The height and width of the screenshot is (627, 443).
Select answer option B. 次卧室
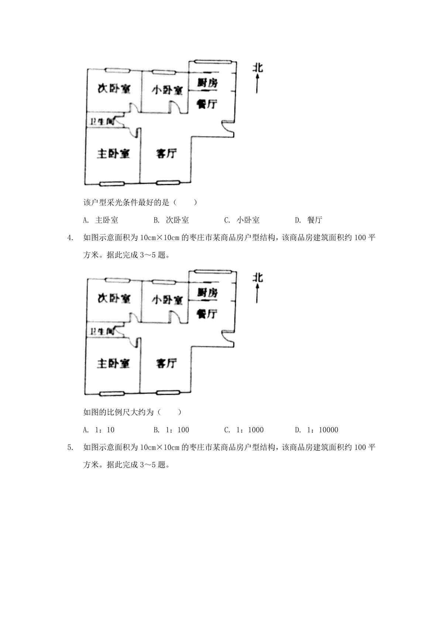click(171, 220)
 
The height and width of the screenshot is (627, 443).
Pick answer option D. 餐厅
click(309, 220)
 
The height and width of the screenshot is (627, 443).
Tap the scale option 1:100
click(171, 430)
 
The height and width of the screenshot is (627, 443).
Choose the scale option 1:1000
click(244, 430)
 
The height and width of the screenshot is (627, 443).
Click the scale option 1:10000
click(316, 430)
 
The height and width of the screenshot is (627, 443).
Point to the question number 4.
click(69, 238)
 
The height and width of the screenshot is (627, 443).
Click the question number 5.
click(69, 447)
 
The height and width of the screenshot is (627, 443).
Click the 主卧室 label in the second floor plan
click(113, 363)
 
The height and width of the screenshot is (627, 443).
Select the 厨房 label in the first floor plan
click(207, 83)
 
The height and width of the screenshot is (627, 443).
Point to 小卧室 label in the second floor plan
click(167, 299)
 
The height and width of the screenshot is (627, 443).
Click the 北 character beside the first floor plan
click(258, 68)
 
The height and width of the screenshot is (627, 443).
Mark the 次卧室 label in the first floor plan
click(114, 89)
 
